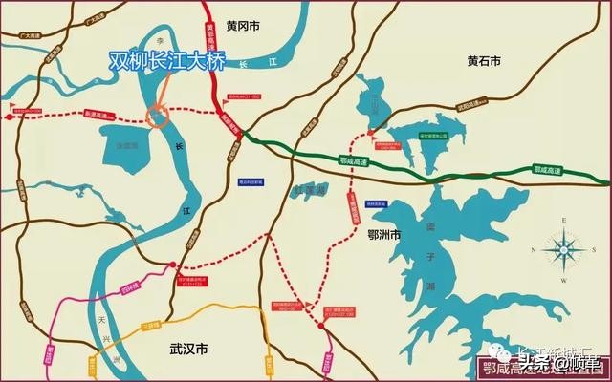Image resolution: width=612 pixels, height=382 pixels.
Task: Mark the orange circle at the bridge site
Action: point(156,116)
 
